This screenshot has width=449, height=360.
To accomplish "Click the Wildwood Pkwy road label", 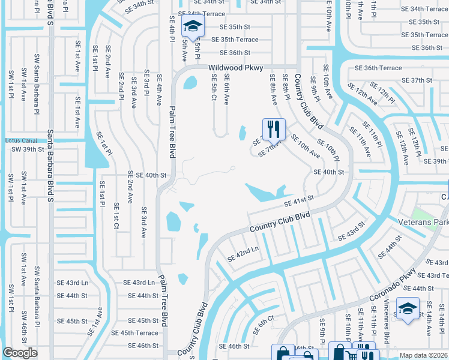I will click(x=236, y=68).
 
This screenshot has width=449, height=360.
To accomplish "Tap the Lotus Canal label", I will click(x=20, y=140).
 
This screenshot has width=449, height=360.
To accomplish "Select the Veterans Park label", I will click(x=423, y=221).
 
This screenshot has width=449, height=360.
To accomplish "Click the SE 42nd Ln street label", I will click(x=243, y=254).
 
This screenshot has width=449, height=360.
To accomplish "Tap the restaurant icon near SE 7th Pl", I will click(x=273, y=128).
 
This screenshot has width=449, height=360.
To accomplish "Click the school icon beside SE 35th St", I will click(x=193, y=26).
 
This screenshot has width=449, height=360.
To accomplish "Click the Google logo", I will click(x=20, y=353).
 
